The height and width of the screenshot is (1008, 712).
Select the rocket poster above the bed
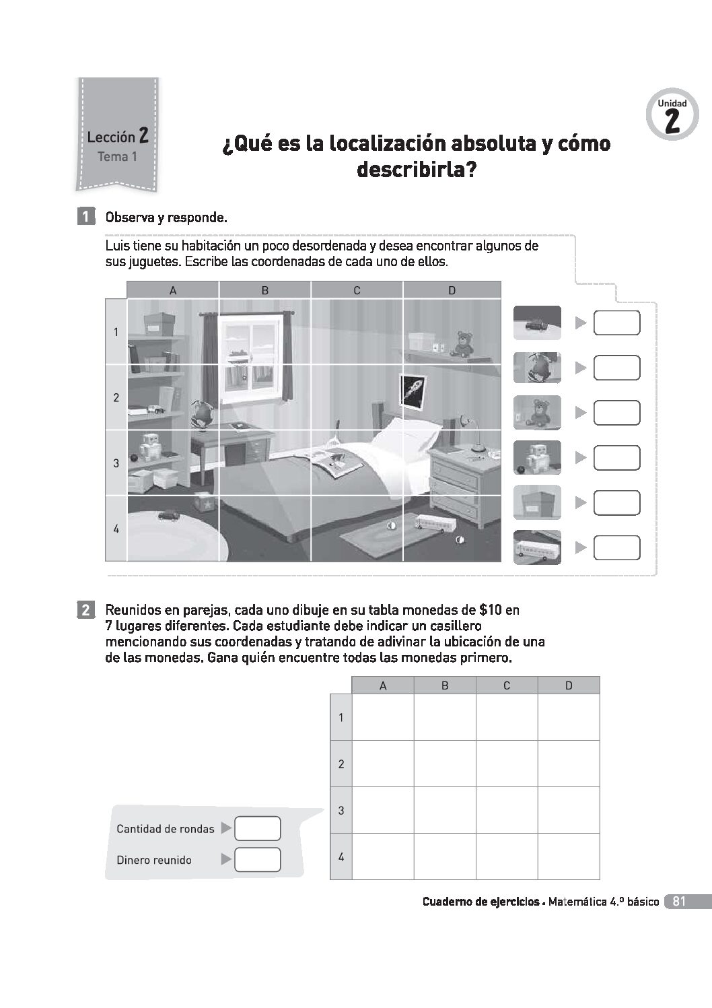pos(411,390)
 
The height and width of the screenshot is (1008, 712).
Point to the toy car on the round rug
pos(168,516)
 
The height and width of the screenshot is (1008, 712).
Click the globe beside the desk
pos(201,412)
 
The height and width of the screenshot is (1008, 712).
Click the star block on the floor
pos(204,504)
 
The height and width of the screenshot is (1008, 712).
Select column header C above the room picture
pos(357,290)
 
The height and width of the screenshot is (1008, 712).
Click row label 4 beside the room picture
pos(116,529)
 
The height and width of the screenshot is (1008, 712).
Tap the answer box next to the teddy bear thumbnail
pos(616,413)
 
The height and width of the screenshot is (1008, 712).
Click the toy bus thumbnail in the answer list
pos(537,547)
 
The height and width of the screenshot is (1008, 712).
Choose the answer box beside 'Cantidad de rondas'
pos(257,828)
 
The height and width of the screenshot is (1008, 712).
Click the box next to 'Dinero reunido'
pos(257,860)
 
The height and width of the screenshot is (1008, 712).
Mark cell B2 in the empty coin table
pos(444,764)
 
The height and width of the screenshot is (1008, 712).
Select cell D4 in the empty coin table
pos(569,856)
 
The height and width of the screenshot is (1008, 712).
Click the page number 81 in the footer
pos(678,902)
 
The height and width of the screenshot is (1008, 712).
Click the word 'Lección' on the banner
pos(111,137)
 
